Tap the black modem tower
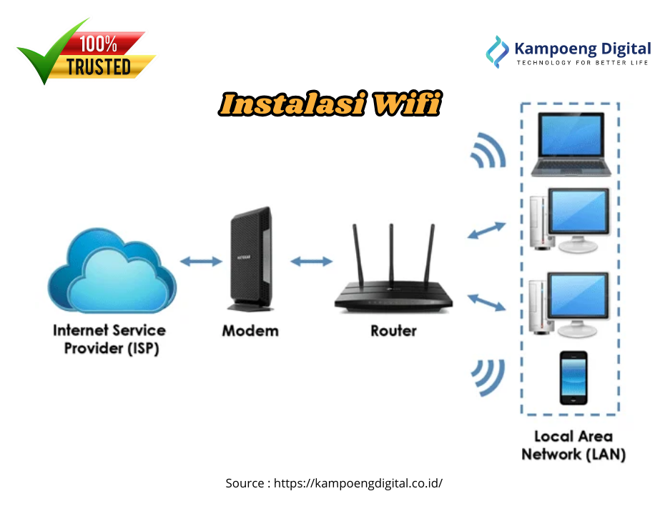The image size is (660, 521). tap(250, 259)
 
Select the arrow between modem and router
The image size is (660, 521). tap(311, 262)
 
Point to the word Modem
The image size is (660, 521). tap(250, 331)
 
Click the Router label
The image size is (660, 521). tap(393, 331)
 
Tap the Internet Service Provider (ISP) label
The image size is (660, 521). tap(109, 339)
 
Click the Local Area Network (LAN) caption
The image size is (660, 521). tap(573, 445)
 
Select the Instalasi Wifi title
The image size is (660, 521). tap(329, 105)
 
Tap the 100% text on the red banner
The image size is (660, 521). tap(98, 44)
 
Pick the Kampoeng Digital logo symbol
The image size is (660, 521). tap(497, 51)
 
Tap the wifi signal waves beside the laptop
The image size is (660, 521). tap(487, 152)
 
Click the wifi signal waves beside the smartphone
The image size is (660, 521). tap(488, 377)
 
